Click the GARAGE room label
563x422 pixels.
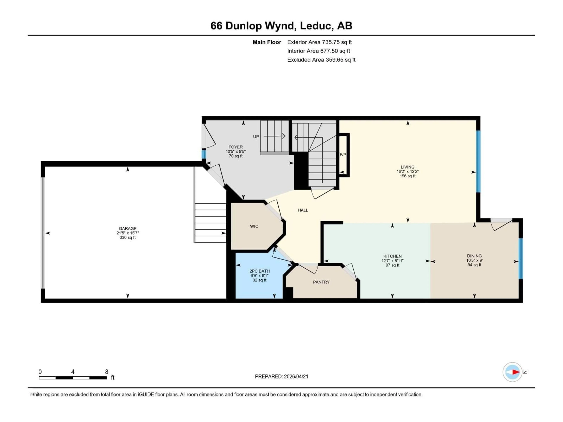128,228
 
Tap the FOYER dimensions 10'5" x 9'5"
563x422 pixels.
235,151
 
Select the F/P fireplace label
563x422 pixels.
343,155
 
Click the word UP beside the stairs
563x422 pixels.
256,137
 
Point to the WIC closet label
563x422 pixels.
254,226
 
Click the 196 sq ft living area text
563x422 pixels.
407,176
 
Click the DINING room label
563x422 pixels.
474,256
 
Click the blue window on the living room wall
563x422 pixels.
478,161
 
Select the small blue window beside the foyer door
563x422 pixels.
204,154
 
